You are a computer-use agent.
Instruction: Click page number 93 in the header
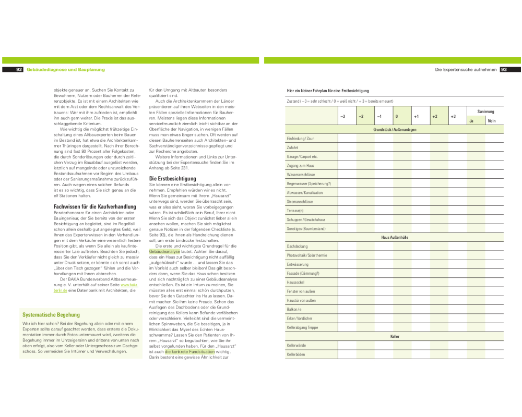point(504,69)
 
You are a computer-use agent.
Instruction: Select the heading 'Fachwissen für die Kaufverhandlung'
point(88,206)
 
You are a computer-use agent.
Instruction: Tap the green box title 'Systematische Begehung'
point(51,315)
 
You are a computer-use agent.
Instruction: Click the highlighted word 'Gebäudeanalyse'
point(164,251)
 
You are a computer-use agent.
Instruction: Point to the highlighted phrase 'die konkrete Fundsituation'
point(189,352)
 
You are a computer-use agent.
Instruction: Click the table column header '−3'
point(342,116)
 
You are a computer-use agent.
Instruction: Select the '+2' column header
point(434,116)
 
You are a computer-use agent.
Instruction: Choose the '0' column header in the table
point(397,116)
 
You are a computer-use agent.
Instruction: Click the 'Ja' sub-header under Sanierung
point(471,121)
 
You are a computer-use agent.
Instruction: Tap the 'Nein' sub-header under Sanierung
point(491,121)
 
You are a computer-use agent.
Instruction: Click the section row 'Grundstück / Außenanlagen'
point(395,129)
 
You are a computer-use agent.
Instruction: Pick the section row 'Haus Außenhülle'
point(395,237)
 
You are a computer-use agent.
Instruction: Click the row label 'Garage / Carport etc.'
point(302,156)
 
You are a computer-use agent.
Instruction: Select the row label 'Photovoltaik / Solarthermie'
point(307,255)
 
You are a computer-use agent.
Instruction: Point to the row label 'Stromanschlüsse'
point(300,201)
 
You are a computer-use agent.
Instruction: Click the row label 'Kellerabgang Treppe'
point(302,327)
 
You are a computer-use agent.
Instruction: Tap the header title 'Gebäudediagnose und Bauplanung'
point(66,69)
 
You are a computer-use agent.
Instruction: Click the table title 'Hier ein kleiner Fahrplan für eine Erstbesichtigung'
point(328,91)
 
